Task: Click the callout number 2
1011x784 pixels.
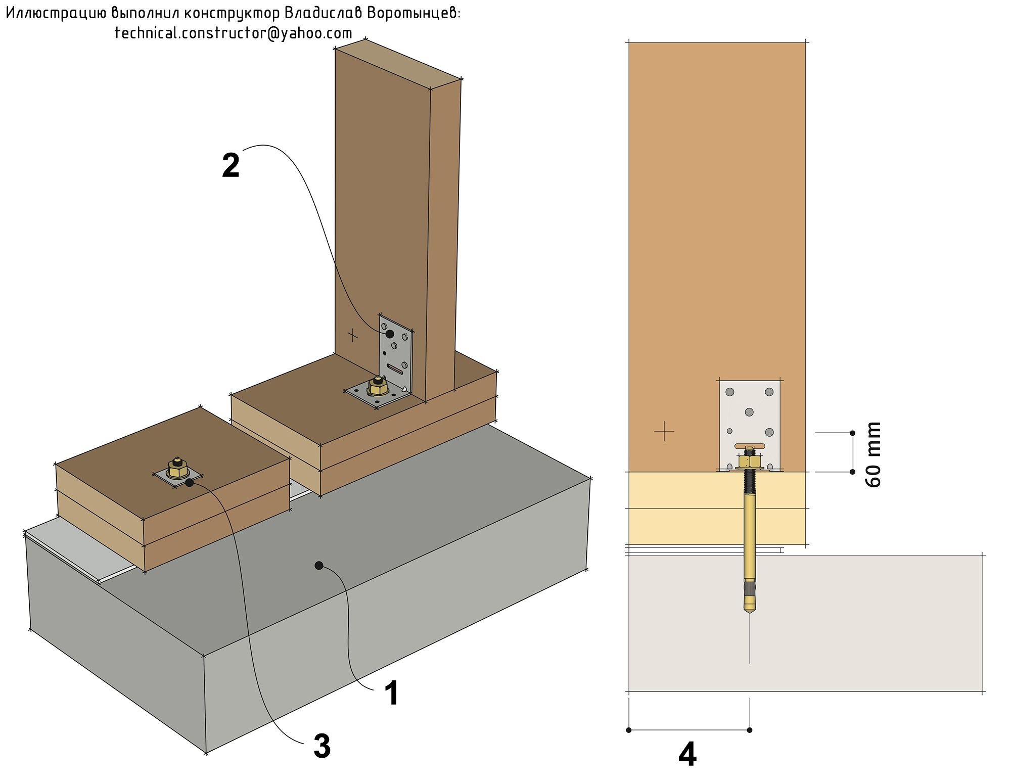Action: [231, 165]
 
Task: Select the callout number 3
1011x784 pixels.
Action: [322, 746]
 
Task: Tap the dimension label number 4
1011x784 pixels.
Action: [687, 755]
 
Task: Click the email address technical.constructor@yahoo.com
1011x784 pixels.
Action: [234, 33]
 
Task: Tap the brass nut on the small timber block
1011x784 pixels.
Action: [176, 469]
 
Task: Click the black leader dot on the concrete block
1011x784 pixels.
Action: [318, 565]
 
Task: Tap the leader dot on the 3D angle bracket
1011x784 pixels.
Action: [389, 334]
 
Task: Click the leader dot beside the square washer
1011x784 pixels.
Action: [189, 483]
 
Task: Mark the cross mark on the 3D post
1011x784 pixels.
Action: [353, 335]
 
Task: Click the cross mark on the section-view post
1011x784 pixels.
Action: [664, 431]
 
